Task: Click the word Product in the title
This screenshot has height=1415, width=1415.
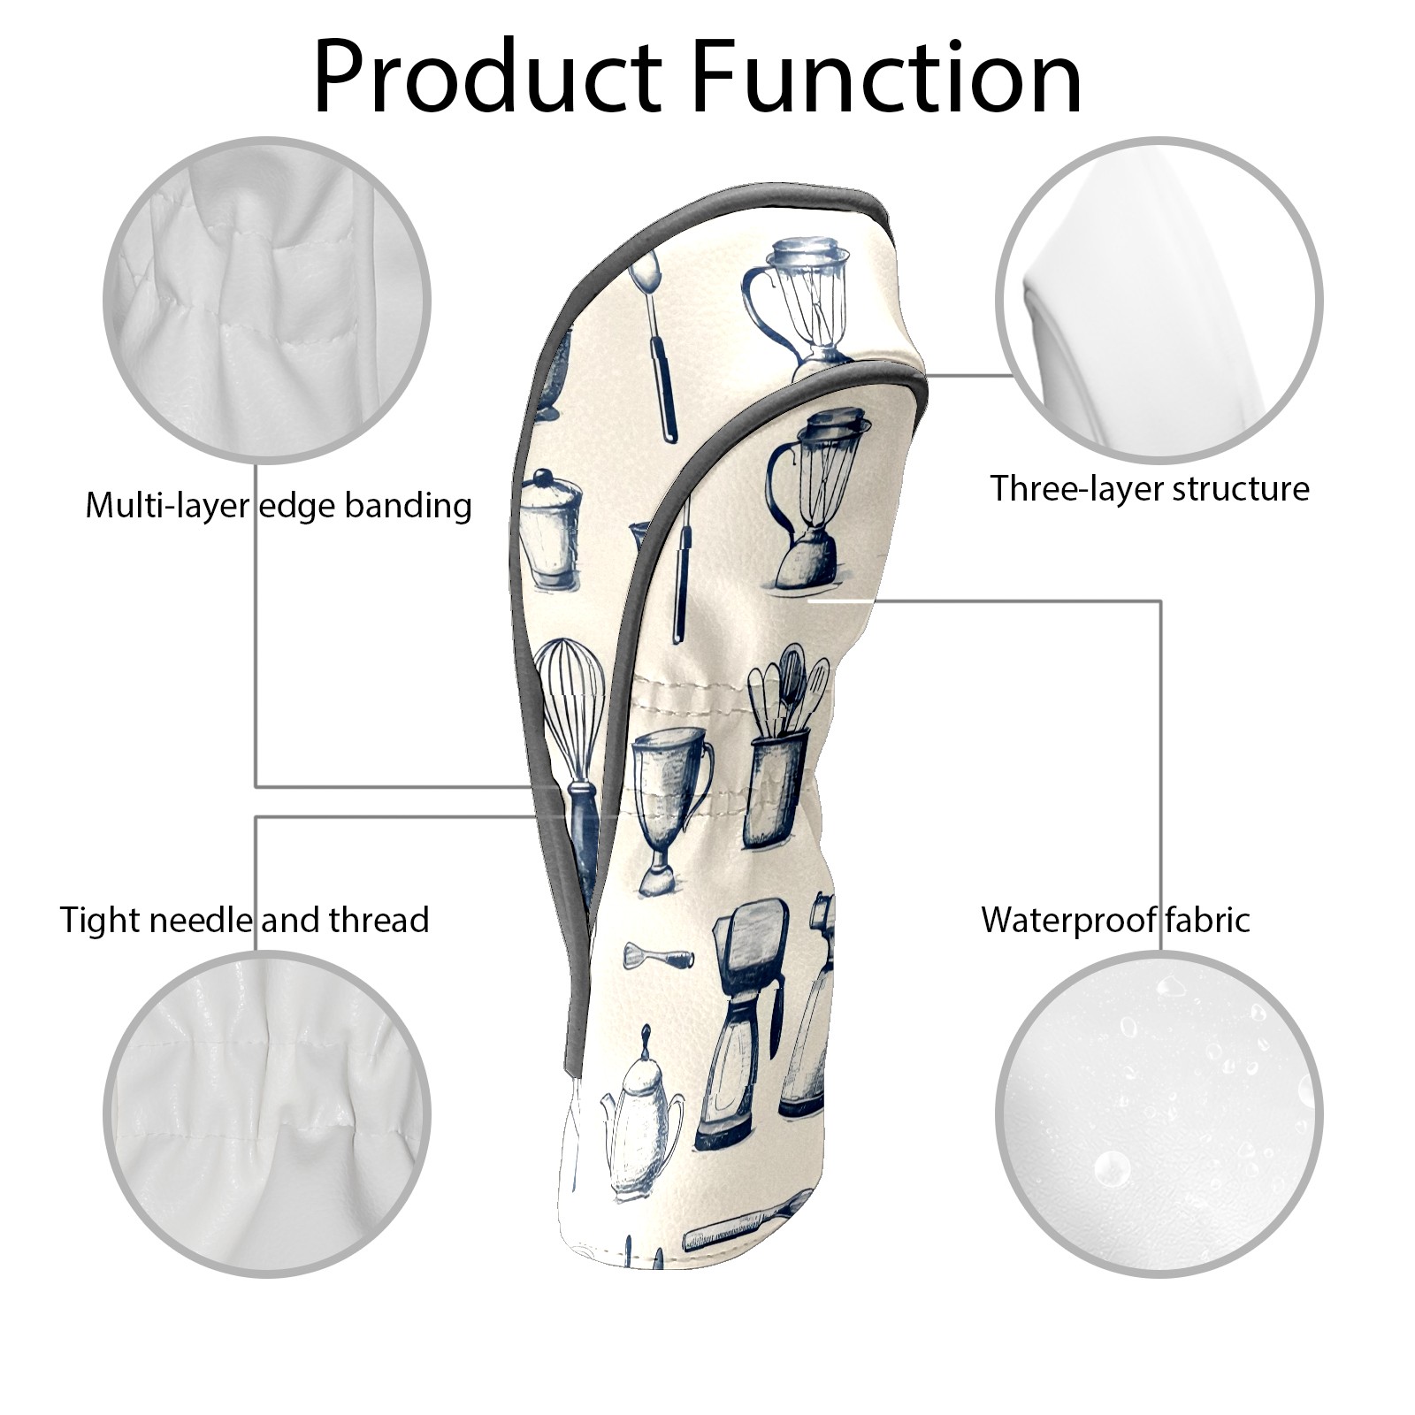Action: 487,78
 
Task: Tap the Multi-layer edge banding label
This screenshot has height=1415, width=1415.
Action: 279,506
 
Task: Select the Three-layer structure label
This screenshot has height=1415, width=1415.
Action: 1149,488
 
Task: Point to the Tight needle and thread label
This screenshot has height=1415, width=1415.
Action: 244,920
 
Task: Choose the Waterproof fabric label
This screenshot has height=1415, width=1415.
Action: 1115,920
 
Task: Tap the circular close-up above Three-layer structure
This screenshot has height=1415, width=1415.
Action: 1159,301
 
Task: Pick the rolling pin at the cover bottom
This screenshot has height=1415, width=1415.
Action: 743,1225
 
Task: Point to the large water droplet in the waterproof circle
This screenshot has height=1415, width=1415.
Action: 1111,1166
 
